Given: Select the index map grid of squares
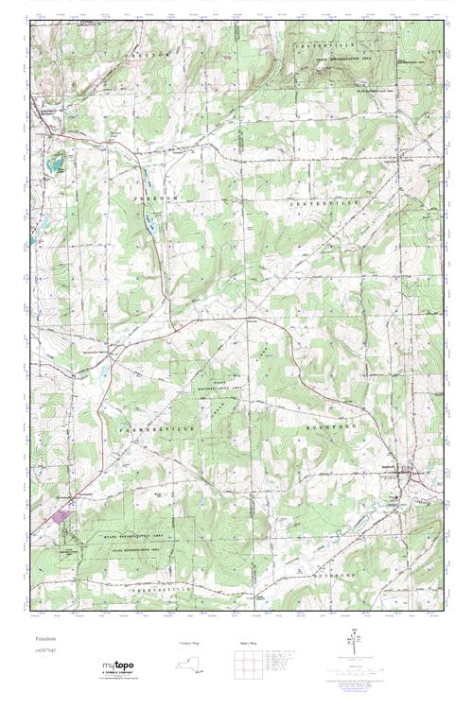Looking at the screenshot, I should tap(249, 666).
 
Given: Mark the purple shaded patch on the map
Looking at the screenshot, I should tap(61, 516).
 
